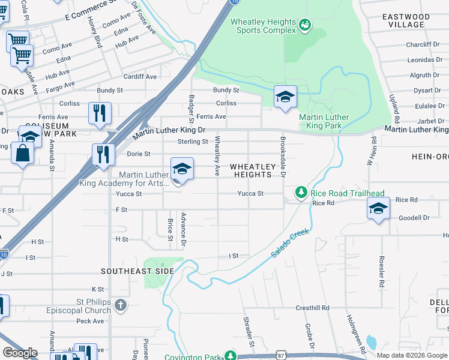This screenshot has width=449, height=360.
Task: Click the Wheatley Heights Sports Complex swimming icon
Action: coord(306,25)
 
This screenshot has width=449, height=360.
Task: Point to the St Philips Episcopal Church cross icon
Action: coord(121,305)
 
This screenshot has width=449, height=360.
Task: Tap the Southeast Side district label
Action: coord(137,271)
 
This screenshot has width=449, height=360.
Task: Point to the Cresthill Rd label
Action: coord(313,308)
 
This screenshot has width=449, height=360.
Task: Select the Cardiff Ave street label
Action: coord(140,77)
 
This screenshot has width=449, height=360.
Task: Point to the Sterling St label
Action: coord(192,142)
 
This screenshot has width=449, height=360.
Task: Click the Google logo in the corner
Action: coord(20,353)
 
